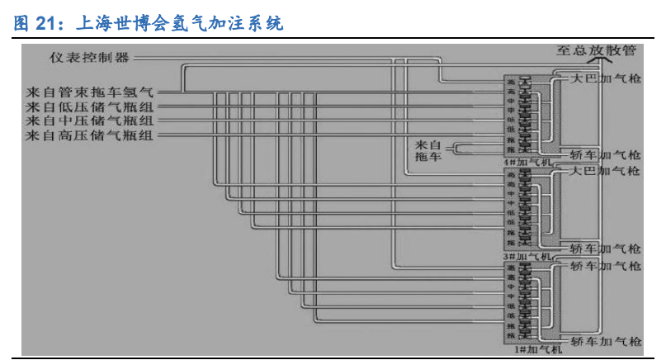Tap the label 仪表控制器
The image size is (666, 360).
click(x=88, y=58)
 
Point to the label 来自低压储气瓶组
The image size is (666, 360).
click(x=95, y=106)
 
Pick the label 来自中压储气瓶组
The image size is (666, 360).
click(x=95, y=121)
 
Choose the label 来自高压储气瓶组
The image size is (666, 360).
click(x=95, y=135)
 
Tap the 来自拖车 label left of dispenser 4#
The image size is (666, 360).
click(x=431, y=149)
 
